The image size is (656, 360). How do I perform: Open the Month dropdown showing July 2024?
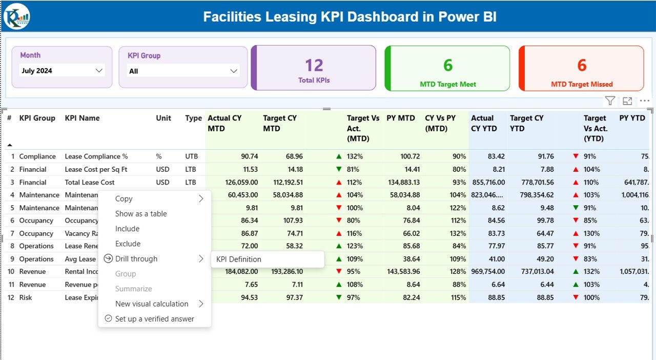(x=62, y=71)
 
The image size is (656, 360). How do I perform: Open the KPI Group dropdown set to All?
(x=183, y=71)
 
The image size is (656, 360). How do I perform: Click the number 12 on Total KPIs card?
(x=314, y=66)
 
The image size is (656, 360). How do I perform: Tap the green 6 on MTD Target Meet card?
(x=447, y=66)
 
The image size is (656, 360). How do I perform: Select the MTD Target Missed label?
(x=582, y=84)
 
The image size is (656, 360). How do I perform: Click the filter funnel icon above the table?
(x=609, y=101)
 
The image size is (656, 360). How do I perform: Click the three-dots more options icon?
(x=644, y=101)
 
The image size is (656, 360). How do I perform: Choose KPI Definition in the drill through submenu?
(x=239, y=259)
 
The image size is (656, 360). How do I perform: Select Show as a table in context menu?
(x=141, y=214)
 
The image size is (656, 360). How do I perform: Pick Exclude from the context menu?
(x=128, y=244)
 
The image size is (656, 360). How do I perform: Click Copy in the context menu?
(x=124, y=199)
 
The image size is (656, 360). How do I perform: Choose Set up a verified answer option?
(x=154, y=319)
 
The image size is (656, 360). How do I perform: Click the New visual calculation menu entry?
(x=152, y=304)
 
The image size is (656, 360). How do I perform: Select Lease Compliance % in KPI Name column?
(x=96, y=156)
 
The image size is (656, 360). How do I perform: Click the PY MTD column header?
(x=401, y=118)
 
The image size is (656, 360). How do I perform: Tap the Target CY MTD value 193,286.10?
(x=282, y=272)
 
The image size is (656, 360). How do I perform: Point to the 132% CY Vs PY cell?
(x=457, y=234)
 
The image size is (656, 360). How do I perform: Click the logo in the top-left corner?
(x=17, y=16)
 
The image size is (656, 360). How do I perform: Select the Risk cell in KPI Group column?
(x=27, y=297)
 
